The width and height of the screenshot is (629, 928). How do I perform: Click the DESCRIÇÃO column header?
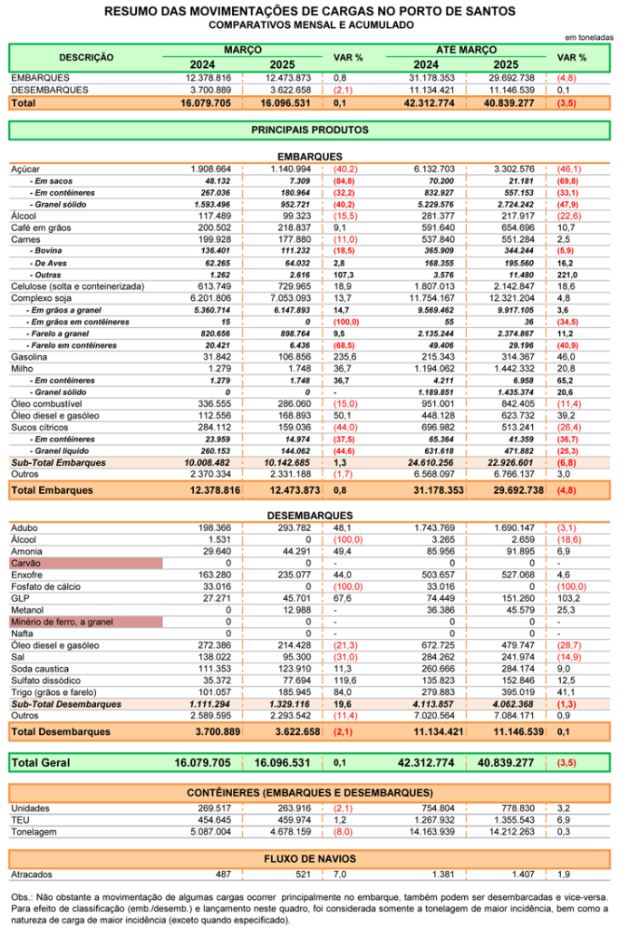coord(86,57)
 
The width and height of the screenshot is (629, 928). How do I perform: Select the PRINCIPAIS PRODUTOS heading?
coord(309,130)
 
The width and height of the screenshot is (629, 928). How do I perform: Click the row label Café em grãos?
coord(41,227)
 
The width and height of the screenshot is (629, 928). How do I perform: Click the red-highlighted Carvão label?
coord(26,564)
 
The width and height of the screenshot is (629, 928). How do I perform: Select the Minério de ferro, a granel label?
coord(63,622)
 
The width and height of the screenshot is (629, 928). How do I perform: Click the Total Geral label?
coord(41,763)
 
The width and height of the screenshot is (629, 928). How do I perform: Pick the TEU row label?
coord(20,820)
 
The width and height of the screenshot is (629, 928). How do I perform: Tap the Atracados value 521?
coord(303,875)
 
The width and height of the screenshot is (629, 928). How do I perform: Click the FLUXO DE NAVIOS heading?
coord(309,859)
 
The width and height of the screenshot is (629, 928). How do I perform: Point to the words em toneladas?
coord(589,37)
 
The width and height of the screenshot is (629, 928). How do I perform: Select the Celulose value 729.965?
coord(294,286)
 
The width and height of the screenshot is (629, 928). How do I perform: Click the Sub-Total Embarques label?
coord(59,463)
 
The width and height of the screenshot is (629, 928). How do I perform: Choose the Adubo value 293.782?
coord(294,528)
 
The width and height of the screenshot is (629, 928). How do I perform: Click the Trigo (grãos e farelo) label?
coord(53,692)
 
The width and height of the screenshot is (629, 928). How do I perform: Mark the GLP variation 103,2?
coord(568,598)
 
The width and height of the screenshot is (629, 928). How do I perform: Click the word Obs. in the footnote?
coord(21,897)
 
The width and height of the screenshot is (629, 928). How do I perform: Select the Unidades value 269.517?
coord(214,808)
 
